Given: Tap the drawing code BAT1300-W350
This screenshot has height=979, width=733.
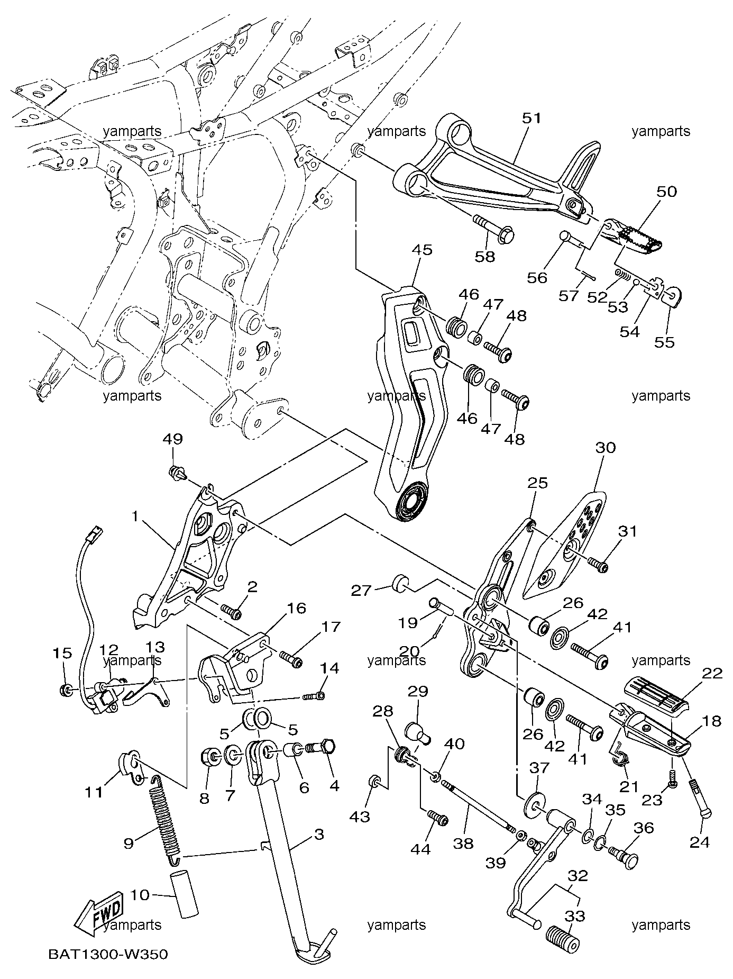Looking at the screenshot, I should click(108, 955).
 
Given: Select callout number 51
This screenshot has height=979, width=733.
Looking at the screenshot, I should click(532, 119).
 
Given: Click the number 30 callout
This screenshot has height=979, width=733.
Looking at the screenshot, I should click(606, 448).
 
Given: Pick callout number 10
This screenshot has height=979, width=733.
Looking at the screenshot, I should click(140, 895).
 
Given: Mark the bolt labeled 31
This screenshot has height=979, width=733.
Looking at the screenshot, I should click(598, 566).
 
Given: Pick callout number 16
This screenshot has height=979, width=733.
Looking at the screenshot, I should click(297, 609).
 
